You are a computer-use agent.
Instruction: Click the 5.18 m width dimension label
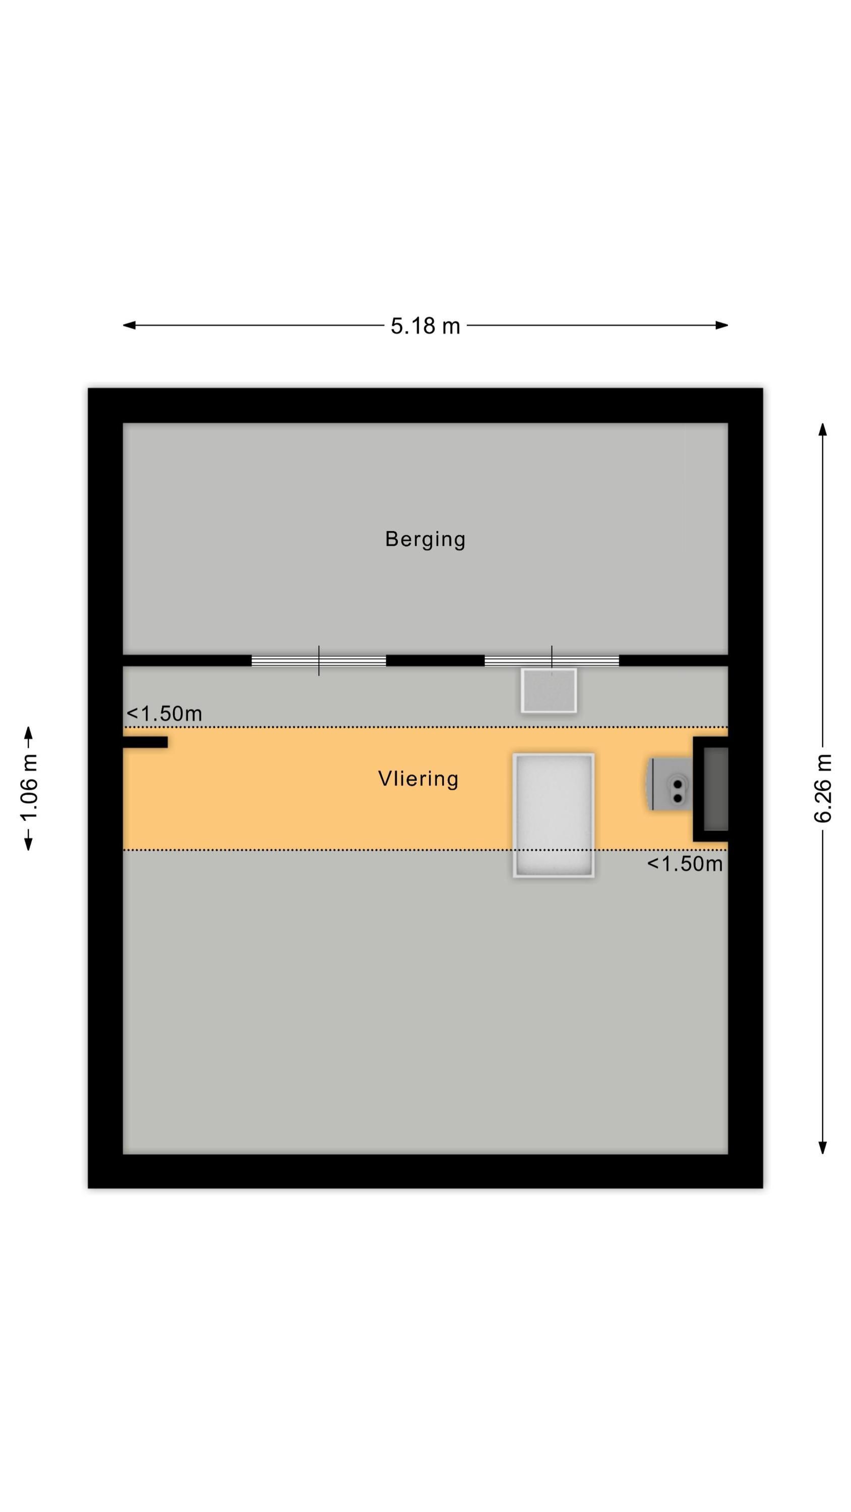tap(425, 326)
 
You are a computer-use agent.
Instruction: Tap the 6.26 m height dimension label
tap(823, 788)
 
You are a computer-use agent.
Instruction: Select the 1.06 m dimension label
tap(29, 788)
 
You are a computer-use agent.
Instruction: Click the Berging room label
tap(425, 539)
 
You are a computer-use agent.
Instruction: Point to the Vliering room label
tap(418, 779)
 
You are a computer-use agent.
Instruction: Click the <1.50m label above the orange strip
tap(164, 714)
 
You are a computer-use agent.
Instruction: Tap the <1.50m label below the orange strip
tap(685, 864)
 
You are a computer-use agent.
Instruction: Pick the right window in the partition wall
tap(552, 661)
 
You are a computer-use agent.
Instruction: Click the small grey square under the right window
tap(549, 691)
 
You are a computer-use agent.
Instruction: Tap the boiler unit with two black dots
tap(670, 784)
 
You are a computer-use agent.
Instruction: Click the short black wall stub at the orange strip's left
tap(145, 742)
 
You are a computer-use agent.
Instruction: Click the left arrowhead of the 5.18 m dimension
tap(129, 325)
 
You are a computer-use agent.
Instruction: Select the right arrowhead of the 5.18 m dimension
tap(722, 325)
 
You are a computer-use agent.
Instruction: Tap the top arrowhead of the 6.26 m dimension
tap(823, 429)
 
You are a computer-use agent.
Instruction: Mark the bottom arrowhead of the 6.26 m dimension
tap(823, 1148)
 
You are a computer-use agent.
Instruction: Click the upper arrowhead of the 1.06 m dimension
tap(28, 733)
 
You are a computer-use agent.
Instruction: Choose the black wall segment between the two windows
tap(435, 661)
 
